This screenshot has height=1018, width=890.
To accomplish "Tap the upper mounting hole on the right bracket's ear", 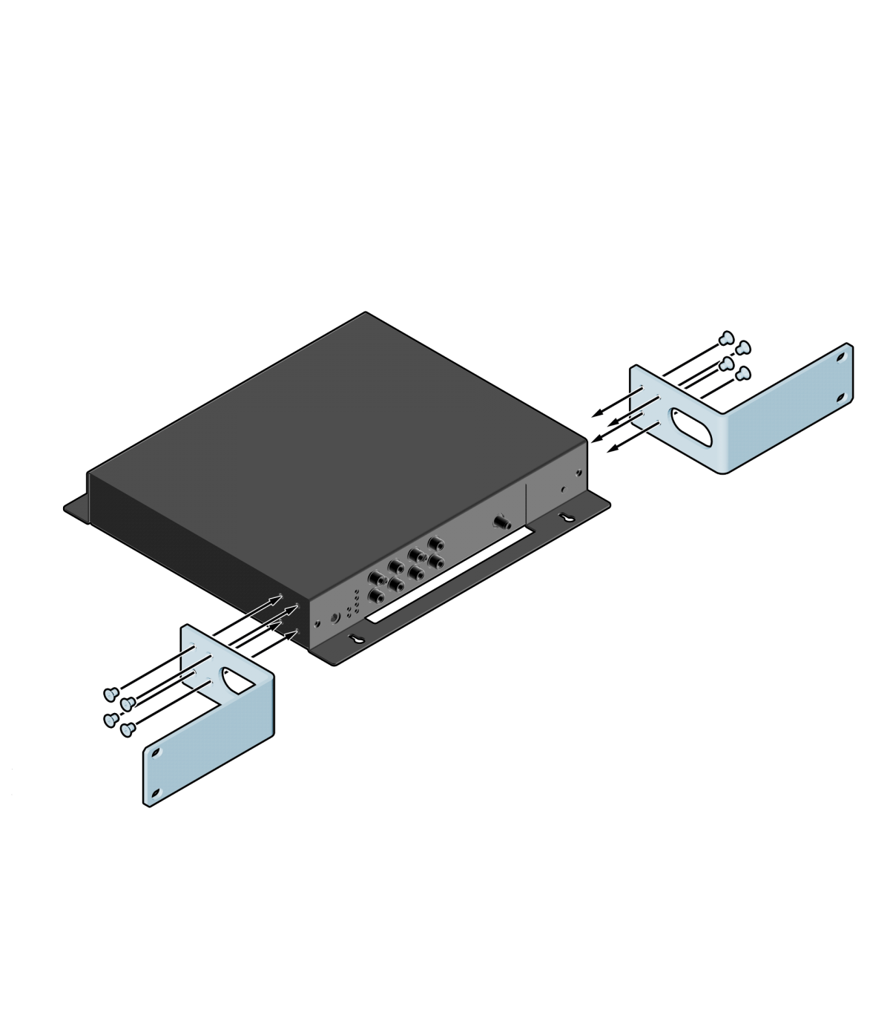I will click(840, 356).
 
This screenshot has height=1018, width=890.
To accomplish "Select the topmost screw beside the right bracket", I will click(728, 338).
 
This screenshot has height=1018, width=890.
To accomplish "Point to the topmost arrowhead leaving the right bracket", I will click(597, 413).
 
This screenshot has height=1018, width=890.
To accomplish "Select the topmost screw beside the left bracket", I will click(109, 693).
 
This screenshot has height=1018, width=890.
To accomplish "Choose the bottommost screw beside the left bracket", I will click(125, 729).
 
